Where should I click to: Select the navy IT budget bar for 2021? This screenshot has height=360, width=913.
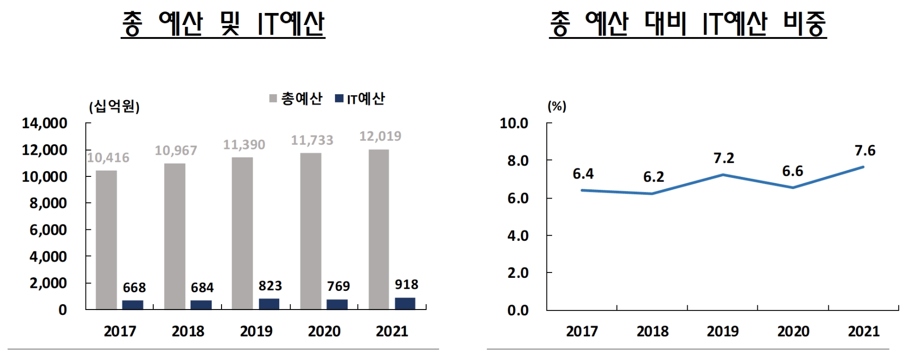coord(405,303)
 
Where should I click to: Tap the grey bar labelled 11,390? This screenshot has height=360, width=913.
coord(242,233)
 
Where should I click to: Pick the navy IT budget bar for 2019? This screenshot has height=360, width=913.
coord(269,304)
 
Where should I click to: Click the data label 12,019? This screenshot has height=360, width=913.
coord(380,137)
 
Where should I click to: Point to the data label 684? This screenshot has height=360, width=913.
coord(202,287)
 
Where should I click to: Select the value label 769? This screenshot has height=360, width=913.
coord(338,286)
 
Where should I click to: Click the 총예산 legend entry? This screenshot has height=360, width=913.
coord(296,99)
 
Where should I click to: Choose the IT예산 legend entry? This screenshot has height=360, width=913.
coord(360,99)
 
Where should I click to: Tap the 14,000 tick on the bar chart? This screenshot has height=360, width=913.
coord(45,124)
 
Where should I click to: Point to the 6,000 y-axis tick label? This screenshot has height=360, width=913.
coord(48,230)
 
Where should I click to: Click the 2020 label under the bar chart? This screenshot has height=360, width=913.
coord(324,331)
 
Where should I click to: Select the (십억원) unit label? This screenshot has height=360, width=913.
coord(114,106)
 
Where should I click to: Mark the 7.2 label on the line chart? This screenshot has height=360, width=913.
coord(724,159)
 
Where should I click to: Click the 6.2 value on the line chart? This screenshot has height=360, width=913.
coord(654,177)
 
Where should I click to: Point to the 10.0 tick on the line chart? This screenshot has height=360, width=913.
coord(514,124)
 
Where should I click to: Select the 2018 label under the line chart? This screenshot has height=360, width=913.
coord(652,331)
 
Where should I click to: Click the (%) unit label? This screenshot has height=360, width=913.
coord(557,106)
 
